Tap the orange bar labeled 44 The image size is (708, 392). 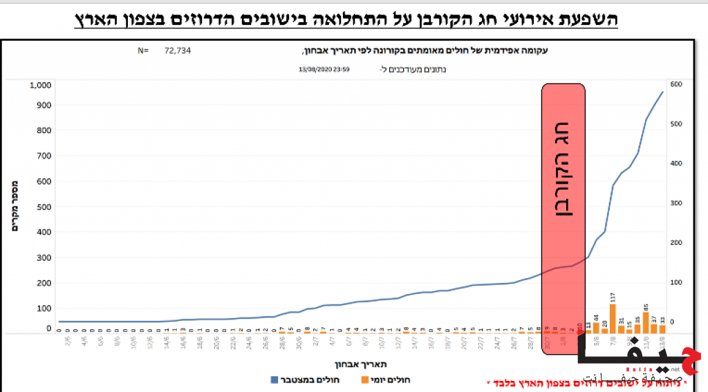tap(596, 327)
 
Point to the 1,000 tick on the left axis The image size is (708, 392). tap(40, 86)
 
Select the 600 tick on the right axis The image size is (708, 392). tap(676, 84)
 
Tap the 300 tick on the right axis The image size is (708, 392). tap(676, 204)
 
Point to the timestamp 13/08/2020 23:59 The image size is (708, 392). tap(324, 69)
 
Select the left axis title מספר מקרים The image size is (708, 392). tap(15, 206)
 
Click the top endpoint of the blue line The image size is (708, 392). tap(662, 92)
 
